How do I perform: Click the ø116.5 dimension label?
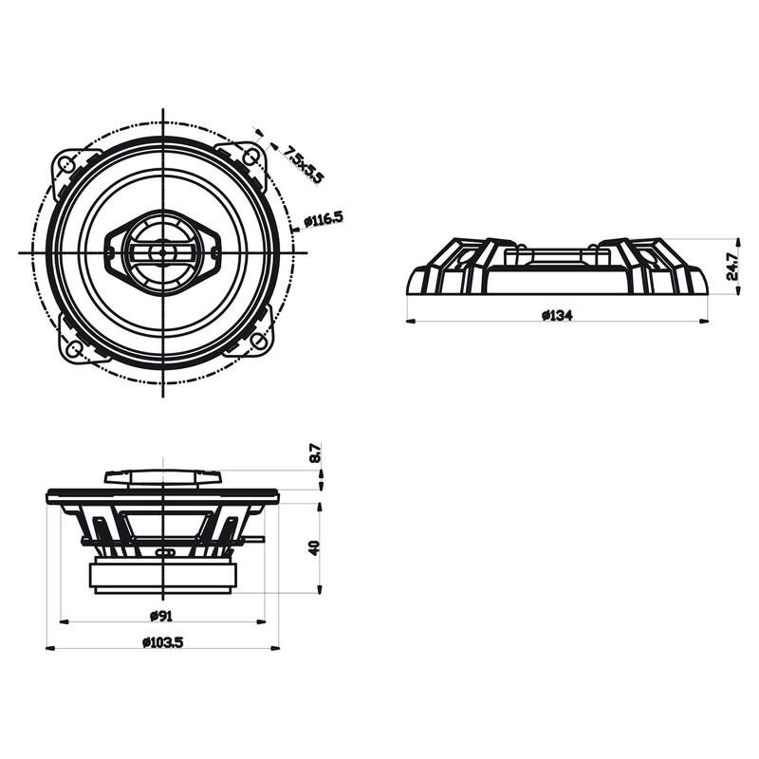(324, 220)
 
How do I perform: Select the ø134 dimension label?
(557, 315)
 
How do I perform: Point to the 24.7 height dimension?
(731, 267)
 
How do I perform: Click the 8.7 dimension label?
(315, 454)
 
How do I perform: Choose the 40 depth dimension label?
(314, 546)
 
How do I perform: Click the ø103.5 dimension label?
(162, 642)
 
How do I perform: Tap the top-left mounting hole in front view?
(66, 163)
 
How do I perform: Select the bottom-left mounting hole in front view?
(72, 348)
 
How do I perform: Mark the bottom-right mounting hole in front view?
(258, 342)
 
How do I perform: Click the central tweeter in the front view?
(162, 252)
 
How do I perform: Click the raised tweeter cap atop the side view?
(162, 476)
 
